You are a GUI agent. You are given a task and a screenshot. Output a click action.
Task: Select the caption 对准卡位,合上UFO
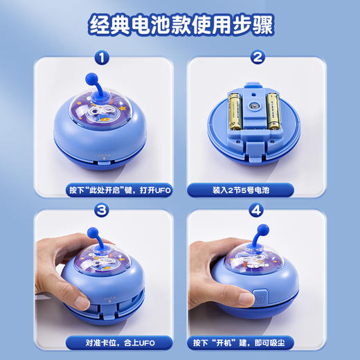(102, 341)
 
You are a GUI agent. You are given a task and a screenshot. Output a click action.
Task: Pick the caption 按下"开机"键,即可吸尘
(257, 341)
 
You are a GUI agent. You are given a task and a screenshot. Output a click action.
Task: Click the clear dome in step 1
(101, 111)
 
